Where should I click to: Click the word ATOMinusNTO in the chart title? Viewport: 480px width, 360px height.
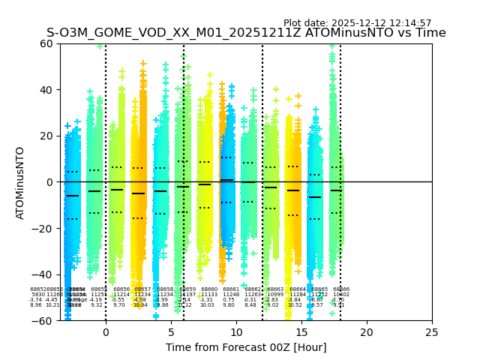point(334,33)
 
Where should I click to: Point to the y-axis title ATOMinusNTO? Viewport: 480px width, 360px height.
point(21,182)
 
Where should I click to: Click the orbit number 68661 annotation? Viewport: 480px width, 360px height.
point(231,289)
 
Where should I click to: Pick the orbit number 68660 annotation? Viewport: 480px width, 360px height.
point(209,289)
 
